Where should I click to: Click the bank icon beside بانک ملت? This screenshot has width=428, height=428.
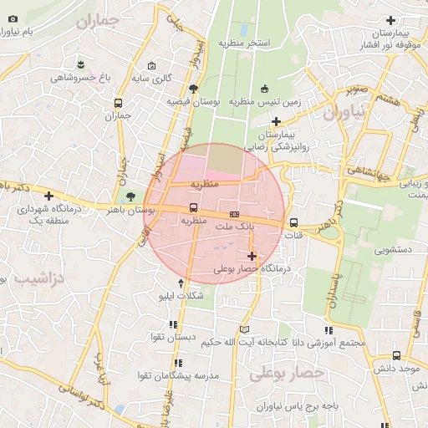[x=233, y=214]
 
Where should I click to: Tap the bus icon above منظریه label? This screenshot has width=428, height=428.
[x=194, y=207]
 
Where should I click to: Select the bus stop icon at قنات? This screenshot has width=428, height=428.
[x=293, y=223]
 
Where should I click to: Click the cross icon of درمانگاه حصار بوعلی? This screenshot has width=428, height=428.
[x=252, y=256]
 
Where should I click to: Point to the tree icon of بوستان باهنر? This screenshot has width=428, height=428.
[x=130, y=197]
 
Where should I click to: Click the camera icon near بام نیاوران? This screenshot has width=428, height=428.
[x=12, y=18]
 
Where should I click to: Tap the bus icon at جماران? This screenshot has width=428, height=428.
[x=118, y=104]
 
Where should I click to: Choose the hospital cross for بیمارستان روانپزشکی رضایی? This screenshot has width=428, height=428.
[x=276, y=121]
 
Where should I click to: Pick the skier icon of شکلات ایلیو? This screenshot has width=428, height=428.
[x=181, y=283]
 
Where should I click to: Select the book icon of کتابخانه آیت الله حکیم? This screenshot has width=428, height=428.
[x=244, y=329]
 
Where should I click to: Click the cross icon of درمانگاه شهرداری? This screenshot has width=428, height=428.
[x=48, y=195]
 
